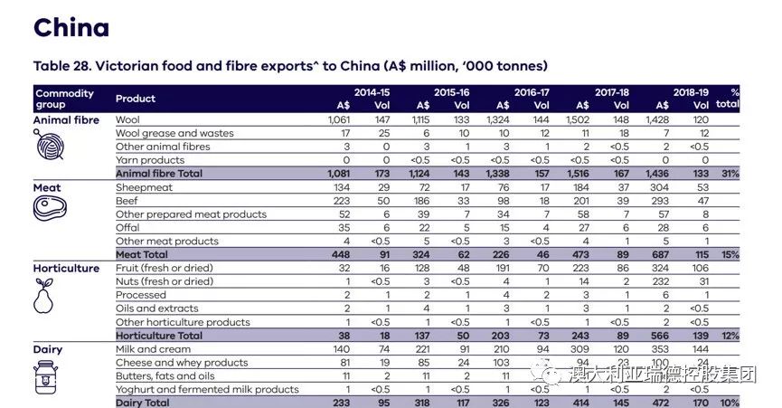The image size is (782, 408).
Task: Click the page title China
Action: [x=71, y=27]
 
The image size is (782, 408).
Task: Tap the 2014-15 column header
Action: [x=372, y=92]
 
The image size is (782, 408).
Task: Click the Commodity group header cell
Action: [x=64, y=99]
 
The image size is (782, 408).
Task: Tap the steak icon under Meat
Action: [x=49, y=208]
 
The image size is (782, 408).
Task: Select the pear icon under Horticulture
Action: [x=45, y=296]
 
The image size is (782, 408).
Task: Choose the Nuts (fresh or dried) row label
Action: [x=165, y=281]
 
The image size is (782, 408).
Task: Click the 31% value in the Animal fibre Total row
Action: [x=730, y=173]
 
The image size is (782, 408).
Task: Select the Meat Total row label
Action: [x=144, y=254]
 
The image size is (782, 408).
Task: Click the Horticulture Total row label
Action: [x=158, y=335]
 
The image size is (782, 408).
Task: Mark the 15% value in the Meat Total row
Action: [x=730, y=254]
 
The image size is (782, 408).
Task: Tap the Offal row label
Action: [x=127, y=228]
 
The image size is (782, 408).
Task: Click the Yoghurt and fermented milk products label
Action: [x=207, y=389]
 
